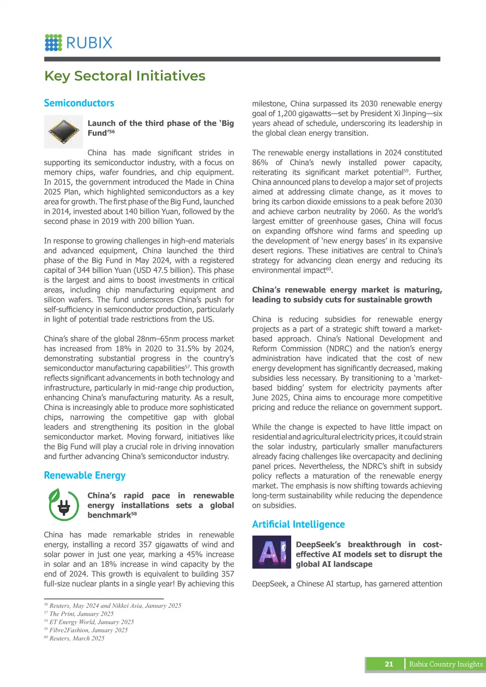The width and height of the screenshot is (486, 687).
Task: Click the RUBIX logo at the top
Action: click(78, 42)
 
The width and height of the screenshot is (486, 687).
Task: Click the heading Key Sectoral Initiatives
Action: click(125, 76)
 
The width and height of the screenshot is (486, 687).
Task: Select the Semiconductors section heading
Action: click(79, 103)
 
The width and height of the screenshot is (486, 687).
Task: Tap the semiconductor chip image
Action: click(63, 131)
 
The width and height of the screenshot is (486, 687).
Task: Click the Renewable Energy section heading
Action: click(85, 476)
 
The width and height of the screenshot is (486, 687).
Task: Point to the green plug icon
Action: click(64, 505)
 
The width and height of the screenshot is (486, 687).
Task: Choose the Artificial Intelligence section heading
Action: click(298, 525)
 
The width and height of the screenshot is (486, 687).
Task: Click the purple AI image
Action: click(272, 552)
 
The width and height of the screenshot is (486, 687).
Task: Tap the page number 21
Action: click(389, 664)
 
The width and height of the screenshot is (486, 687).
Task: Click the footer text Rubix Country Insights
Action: click(446, 664)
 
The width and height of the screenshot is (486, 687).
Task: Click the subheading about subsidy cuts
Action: click(347, 295)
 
